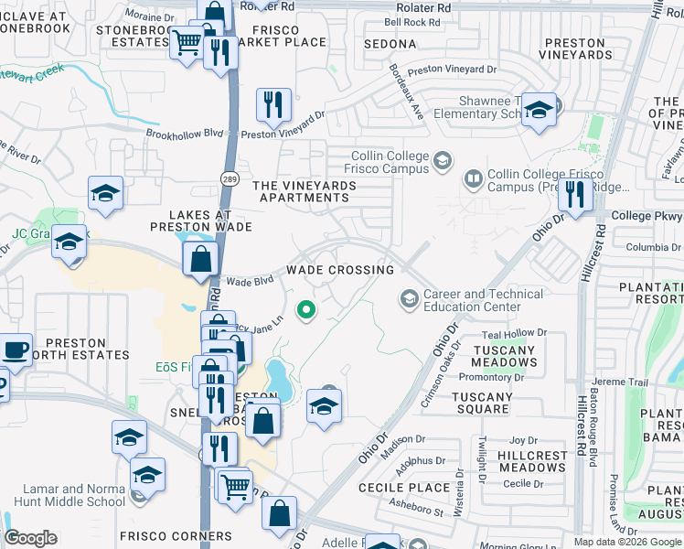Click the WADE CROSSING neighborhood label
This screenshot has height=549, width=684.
tap(339, 270)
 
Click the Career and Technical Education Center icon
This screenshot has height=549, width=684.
tap(408, 299)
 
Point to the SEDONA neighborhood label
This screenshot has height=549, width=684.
tap(390, 44)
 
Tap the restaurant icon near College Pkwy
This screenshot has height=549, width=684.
tap(574, 194)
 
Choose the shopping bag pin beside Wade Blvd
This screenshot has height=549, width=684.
tap(200, 259)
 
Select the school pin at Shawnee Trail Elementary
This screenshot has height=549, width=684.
tap(539, 111)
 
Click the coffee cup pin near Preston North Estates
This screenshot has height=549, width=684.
tap(15, 350)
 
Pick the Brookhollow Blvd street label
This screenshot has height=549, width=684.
tap(185, 133)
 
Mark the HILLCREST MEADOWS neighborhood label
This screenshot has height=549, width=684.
tap(532, 461)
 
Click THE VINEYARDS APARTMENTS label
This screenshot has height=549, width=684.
tap(305, 191)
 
